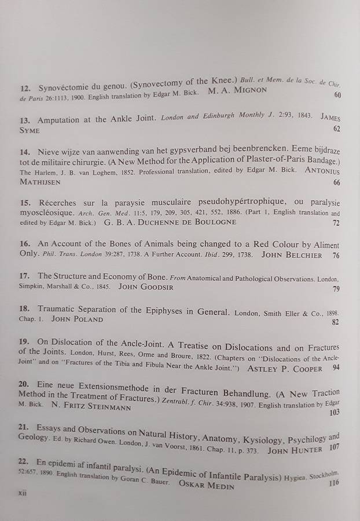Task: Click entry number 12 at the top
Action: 25,89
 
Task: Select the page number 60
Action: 337,95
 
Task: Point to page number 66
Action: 336,183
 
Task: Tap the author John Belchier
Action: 291,254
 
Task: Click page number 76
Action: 336,255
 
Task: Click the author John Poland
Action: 77,319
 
